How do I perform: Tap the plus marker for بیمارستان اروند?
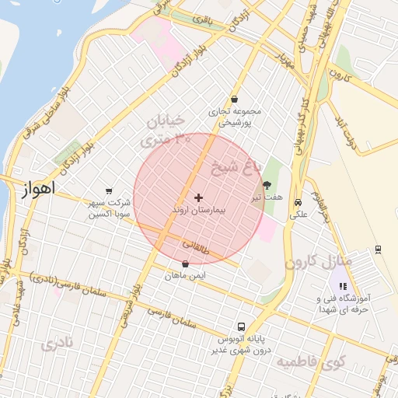[x=198, y=198]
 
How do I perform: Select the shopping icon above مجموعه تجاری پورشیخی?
[x=234, y=99]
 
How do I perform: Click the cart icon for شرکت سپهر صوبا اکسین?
[x=109, y=191]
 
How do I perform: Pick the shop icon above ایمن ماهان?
[x=185, y=264]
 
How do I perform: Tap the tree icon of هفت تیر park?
[x=268, y=185]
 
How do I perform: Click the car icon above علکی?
[x=298, y=203]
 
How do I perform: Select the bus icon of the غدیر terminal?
[x=242, y=326]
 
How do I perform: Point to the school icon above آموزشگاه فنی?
[x=343, y=286]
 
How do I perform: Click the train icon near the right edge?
[x=378, y=249]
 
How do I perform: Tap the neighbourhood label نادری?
[x=61, y=343]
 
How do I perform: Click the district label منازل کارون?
[x=319, y=261]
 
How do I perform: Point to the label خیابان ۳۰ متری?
[x=163, y=131]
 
